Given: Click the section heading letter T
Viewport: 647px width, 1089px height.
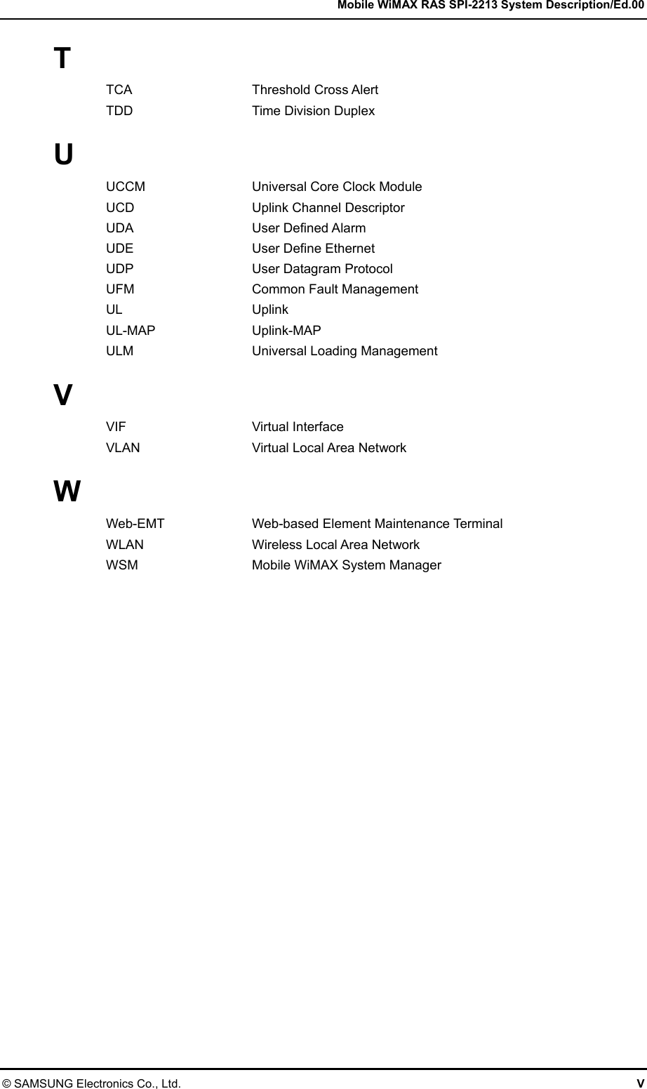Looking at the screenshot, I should (x=62, y=58).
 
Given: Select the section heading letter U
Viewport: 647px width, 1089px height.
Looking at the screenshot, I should (x=63, y=155).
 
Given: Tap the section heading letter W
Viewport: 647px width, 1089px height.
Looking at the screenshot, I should (x=67, y=491).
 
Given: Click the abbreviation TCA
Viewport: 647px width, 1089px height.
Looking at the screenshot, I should (x=119, y=90).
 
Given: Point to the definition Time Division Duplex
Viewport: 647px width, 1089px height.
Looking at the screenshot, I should (x=313, y=111).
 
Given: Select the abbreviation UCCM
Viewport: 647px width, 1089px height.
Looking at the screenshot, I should (x=126, y=187).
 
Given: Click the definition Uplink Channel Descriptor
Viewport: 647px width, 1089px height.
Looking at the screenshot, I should (x=328, y=208).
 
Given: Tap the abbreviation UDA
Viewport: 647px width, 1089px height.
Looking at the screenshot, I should (x=119, y=228).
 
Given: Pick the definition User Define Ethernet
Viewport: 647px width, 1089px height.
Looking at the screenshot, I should (x=313, y=249).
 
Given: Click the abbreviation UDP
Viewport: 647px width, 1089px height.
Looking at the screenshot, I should (x=119, y=269).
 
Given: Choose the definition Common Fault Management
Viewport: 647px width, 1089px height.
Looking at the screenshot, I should (x=335, y=289).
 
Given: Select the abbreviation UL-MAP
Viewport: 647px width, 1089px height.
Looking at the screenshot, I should (x=131, y=331).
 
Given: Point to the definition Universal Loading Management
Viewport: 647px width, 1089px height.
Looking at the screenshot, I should (x=345, y=351).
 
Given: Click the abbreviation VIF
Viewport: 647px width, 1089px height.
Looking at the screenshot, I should (x=116, y=427).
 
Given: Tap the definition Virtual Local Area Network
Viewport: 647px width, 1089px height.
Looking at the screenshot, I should (x=328, y=448).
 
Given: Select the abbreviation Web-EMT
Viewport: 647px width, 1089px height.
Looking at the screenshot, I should (x=135, y=524).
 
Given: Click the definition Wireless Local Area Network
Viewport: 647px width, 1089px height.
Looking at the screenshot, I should (x=335, y=545).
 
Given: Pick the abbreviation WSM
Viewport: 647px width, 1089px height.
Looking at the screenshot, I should (x=121, y=565).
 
